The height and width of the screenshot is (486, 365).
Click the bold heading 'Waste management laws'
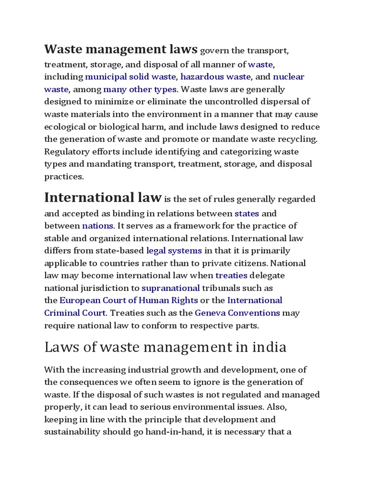click(121, 49)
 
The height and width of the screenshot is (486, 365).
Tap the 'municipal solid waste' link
click(130, 77)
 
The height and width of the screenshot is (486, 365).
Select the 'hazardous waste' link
click(215, 77)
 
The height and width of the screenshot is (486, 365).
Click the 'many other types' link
click(140, 89)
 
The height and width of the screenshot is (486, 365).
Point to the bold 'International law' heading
click(103, 197)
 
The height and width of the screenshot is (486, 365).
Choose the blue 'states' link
click(247, 213)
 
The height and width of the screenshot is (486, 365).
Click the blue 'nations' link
click(97, 225)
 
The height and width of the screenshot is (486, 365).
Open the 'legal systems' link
click(174, 250)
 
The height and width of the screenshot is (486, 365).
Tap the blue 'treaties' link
click(231, 275)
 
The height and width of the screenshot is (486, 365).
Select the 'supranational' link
click(170, 288)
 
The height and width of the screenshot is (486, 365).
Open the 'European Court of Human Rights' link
click(129, 300)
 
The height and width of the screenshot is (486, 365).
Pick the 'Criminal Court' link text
click(75, 313)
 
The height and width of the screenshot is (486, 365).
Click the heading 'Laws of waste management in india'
click(165, 347)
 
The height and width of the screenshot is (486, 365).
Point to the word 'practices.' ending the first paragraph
click(64, 176)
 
